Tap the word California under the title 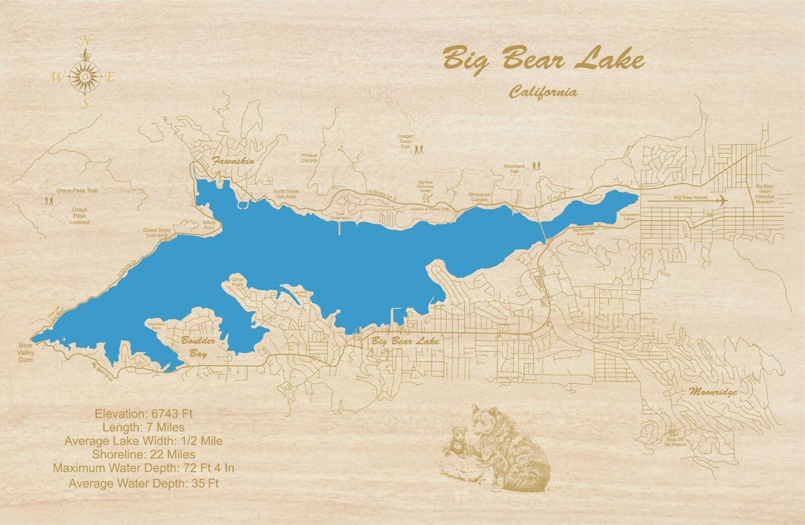(x=543, y=93)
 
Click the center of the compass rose (x=85, y=78)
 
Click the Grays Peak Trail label (x=77, y=190)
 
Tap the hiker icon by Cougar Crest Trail (x=419, y=150)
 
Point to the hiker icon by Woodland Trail (x=537, y=165)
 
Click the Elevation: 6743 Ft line (x=144, y=413)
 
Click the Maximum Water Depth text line (x=143, y=467)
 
